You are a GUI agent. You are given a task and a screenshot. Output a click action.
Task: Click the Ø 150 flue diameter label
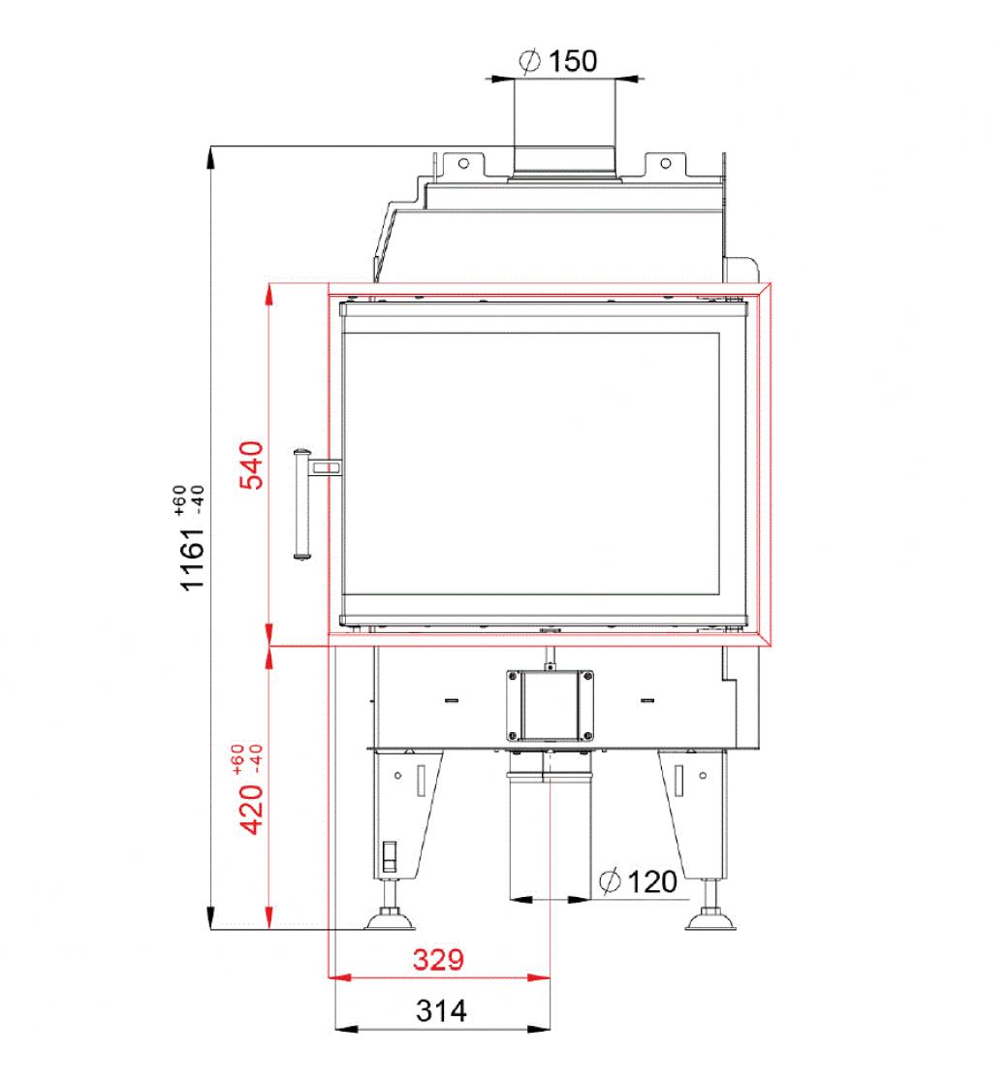558,61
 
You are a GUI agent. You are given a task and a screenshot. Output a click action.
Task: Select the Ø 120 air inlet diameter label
638,881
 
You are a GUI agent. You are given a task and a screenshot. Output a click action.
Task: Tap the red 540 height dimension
252,464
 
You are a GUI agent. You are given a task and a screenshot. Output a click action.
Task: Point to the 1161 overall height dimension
193,559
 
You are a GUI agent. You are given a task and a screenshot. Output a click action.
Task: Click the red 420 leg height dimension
252,809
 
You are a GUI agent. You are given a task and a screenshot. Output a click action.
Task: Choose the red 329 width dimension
438,960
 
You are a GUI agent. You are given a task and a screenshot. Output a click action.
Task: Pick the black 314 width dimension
441,1011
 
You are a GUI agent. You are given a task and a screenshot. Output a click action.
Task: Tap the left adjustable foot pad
390,920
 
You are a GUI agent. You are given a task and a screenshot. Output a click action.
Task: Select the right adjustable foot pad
710,920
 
